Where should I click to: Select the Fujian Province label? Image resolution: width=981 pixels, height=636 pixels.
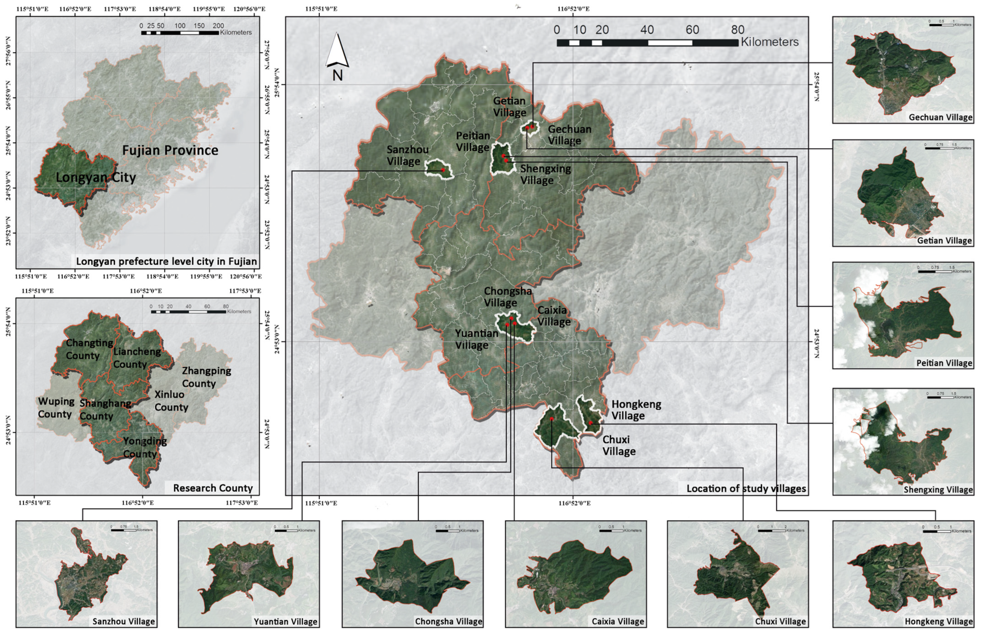[x=170, y=150]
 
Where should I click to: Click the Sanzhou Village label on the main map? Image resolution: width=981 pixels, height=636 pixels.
[x=407, y=156]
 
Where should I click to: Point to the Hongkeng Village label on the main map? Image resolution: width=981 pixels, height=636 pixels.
[x=636, y=410]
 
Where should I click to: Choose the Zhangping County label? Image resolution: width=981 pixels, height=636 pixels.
[x=206, y=377]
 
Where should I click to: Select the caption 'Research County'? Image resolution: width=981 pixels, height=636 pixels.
[x=213, y=488]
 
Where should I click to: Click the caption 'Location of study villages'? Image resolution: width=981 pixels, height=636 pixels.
[x=746, y=489]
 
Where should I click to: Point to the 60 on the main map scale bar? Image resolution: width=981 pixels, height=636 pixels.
[x=692, y=30]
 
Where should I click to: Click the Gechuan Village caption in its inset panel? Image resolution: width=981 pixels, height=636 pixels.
[x=940, y=117]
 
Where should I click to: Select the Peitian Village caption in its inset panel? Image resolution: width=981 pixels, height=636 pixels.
[x=944, y=363]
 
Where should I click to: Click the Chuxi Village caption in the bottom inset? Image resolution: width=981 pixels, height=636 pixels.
[x=780, y=622]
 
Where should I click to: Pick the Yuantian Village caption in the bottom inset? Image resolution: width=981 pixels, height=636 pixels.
[x=285, y=622]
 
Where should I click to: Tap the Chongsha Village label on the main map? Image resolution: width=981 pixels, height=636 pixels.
[x=508, y=297]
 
